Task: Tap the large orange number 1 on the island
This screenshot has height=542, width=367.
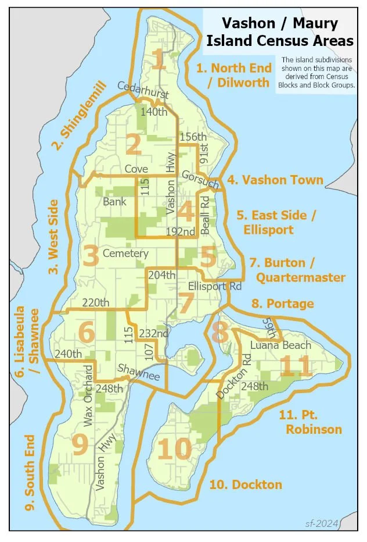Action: [158, 60]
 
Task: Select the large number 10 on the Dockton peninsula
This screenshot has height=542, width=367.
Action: [174, 449]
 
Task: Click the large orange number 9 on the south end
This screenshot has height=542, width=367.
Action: [80, 445]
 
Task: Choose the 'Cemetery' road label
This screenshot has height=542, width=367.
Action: [125, 254]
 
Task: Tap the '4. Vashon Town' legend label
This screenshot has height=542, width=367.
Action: [275, 180]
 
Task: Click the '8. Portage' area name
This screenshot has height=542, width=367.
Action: [282, 304]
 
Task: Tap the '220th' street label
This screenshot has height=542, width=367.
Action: [96, 302]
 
